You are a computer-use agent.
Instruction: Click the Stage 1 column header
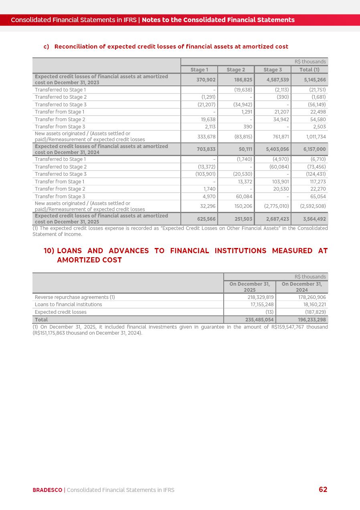pos(199,69)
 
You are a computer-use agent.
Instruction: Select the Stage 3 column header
pos(273,69)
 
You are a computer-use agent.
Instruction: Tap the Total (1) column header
pos(309,69)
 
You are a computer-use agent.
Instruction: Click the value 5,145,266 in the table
pos(315,80)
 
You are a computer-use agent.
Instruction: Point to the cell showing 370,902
pos(206,80)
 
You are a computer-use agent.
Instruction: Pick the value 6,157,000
pos(315,149)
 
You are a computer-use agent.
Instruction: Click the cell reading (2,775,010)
pos(276,206)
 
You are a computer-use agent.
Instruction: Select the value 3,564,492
pos(315,219)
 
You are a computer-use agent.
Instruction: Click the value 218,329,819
pos(261,297)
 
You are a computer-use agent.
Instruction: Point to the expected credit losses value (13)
pos(269,312)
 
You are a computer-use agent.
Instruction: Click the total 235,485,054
pos(259,320)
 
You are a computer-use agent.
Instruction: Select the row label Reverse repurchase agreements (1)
pos(75,297)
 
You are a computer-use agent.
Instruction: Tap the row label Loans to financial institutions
pos(69,305)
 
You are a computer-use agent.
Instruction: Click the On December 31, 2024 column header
pos(301,287)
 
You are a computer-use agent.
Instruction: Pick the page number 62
pos(323,490)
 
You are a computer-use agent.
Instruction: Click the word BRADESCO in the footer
pos(47,490)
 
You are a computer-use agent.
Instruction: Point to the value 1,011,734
pos(316,137)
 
